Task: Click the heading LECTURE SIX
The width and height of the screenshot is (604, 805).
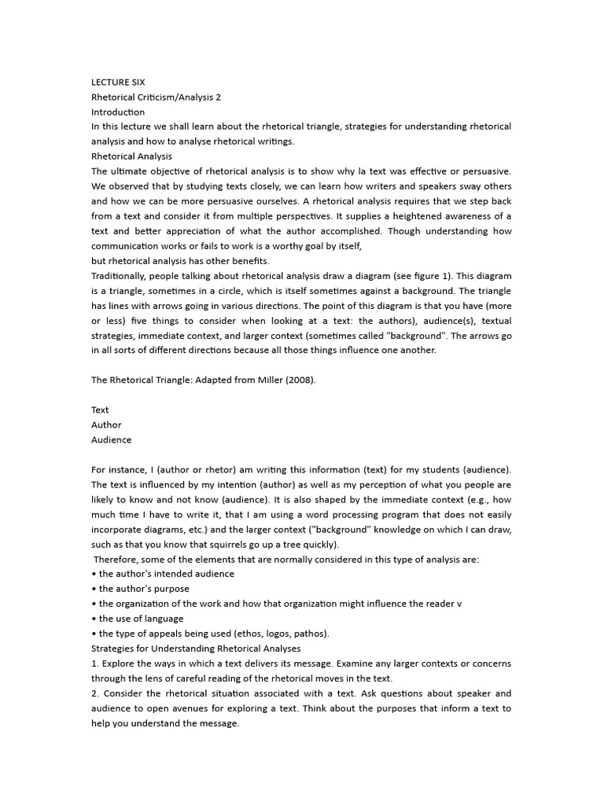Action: point(118,82)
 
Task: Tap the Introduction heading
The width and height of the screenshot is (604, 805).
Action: point(118,112)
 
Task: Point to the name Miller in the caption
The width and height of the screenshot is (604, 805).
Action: point(267,380)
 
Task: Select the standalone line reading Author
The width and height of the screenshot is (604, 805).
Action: point(106,425)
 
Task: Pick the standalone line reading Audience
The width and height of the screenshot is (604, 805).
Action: point(111,439)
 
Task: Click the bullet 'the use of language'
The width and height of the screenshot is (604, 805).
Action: point(141,619)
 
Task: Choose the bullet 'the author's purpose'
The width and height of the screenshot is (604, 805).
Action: point(144,589)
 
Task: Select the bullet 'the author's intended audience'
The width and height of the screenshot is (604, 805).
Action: point(166,574)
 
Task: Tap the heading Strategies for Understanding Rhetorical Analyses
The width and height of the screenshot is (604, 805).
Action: point(197,649)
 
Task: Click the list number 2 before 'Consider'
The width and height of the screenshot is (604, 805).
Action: point(94,693)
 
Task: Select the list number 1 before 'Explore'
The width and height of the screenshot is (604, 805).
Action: point(94,663)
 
